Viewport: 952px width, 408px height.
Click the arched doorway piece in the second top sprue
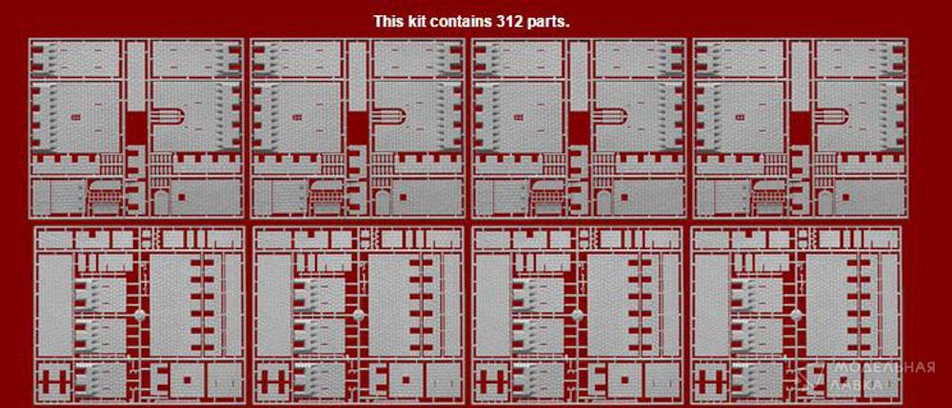pyautogui.click(x=381, y=202)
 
